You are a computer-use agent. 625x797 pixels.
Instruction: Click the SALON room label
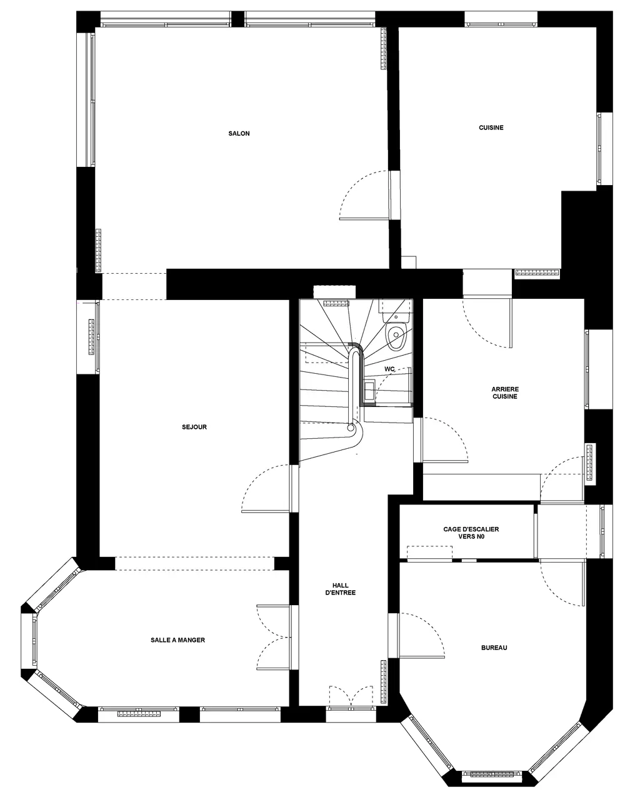point(239,134)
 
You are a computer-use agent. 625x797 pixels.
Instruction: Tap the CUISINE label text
point(491,128)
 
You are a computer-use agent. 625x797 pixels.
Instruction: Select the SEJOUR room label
point(194,427)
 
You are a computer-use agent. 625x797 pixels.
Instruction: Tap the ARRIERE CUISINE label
point(505,393)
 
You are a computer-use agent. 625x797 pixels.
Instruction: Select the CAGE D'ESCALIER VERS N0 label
point(471,533)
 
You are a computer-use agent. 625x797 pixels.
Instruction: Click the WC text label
point(389,369)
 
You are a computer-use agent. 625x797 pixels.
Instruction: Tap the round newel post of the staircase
point(351,428)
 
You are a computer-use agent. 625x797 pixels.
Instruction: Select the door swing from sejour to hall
point(266,488)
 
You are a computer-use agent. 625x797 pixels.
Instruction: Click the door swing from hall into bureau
point(421,635)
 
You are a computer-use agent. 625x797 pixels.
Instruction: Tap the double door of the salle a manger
point(273,637)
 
